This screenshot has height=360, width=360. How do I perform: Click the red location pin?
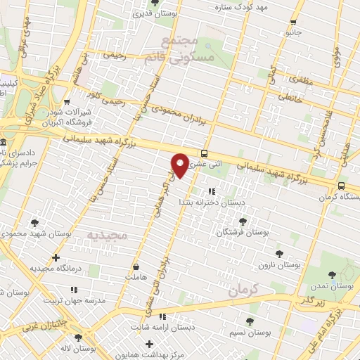(x=180, y=165)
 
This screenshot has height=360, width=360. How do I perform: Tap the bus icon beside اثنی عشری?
(x=204, y=153)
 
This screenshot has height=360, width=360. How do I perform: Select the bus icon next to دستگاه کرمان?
(x=341, y=186)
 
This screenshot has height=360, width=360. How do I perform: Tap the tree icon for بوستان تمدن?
(x=333, y=275)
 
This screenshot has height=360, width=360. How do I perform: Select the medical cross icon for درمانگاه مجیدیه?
(x=56, y=257)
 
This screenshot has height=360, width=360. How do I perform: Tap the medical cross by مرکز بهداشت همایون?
(x=148, y=344)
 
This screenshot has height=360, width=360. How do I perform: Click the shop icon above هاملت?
(x=135, y=267)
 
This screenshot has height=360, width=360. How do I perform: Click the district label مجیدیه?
(x=108, y=234)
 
